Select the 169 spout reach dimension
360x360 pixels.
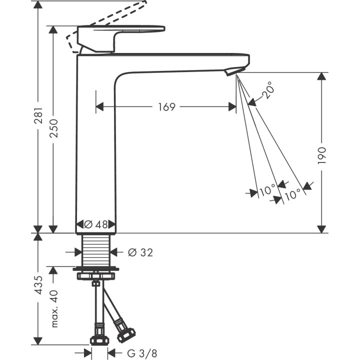tap(166, 107)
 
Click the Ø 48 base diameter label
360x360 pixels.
tap(96, 224)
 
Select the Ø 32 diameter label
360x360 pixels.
tap(140, 253)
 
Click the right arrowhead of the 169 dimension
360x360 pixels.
tap(232, 107)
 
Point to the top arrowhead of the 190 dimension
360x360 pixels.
tap(321, 76)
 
